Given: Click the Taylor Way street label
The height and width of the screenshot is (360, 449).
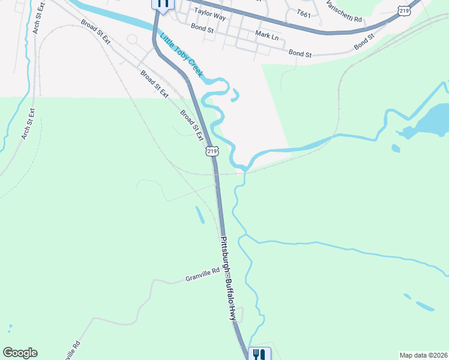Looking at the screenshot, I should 209,16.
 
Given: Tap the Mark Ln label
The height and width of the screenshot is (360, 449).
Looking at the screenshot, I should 267,37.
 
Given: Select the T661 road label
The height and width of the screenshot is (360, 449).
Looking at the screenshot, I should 303,13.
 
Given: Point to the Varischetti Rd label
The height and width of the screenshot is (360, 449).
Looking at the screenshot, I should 345,11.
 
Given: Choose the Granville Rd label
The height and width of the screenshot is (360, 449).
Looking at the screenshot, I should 203,277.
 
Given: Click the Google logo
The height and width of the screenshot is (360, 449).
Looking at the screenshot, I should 20,353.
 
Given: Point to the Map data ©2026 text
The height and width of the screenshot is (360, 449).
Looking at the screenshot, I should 423,355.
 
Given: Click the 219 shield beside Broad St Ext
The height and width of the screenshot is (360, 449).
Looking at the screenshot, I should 211,151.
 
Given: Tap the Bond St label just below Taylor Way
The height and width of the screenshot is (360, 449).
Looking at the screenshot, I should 202,28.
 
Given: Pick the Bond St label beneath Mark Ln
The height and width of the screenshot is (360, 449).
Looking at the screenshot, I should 300,54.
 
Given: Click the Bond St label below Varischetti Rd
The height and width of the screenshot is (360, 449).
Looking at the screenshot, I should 364,41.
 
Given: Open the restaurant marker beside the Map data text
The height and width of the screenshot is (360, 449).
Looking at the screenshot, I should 259,354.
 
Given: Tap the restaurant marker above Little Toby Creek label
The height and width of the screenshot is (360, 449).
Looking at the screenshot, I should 163,4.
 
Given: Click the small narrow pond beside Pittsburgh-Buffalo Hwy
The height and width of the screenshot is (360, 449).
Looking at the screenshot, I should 199,215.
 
